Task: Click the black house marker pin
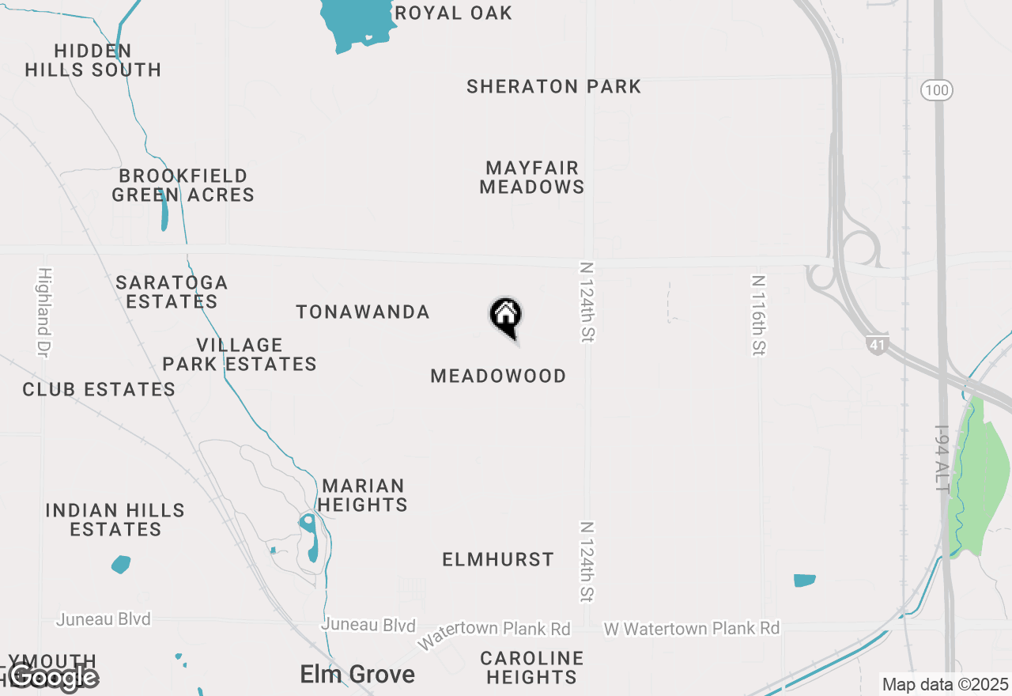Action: click(x=506, y=317)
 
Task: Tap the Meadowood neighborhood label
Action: click(x=498, y=376)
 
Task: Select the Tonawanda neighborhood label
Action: click(x=363, y=312)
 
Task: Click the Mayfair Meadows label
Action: click(x=532, y=177)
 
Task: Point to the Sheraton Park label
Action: click(x=553, y=86)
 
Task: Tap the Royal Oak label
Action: click(x=453, y=13)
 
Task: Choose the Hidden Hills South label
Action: click(x=93, y=60)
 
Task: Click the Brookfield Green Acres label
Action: click(x=183, y=185)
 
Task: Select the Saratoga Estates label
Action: click(x=172, y=292)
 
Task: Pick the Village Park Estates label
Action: click(x=240, y=354)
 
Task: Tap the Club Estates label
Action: click(x=99, y=389)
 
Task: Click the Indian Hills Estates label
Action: click(x=115, y=520)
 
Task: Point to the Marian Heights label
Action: click(x=364, y=494)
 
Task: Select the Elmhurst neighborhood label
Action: click(x=498, y=560)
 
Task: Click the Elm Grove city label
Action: click(x=357, y=675)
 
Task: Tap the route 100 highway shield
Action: click(x=936, y=90)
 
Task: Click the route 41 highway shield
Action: click(x=877, y=345)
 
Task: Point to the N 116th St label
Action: click(x=758, y=315)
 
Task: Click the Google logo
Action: click(x=54, y=677)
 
